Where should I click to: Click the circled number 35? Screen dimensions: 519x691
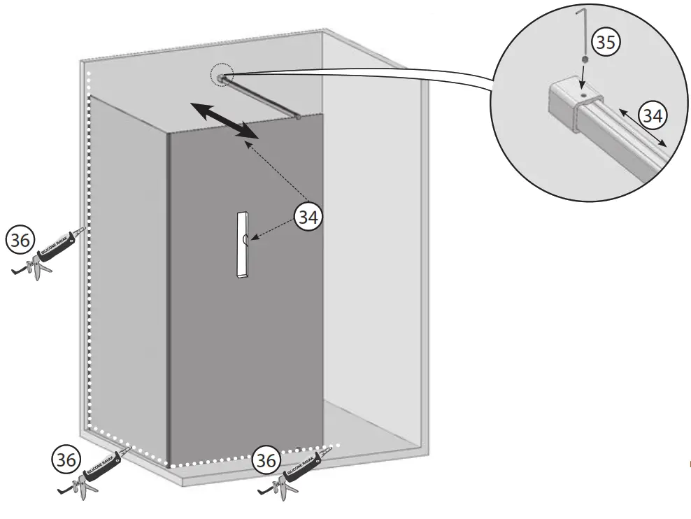click(x=606, y=43)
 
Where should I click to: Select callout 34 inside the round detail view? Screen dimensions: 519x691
click(x=653, y=115)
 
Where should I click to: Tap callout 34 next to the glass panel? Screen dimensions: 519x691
click(x=308, y=217)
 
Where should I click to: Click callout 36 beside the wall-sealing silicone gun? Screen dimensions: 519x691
click(x=21, y=241)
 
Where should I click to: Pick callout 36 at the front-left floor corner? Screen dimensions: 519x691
click(x=66, y=460)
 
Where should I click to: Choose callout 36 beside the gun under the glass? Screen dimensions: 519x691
click(x=266, y=460)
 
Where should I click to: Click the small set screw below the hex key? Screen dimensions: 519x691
click(x=583, y=60)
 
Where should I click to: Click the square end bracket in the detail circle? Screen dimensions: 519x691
click(x=570, y=101)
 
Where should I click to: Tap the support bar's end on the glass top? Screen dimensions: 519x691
click(x=298, y=118)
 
